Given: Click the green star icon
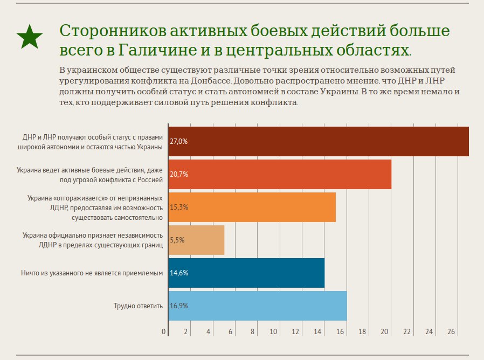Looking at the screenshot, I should [x=30, y=37].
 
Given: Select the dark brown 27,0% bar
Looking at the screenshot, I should [x=318, y=142].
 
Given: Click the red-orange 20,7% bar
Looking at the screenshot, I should [x=279, y=174].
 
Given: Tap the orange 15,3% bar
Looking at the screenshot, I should [x=252, y=207].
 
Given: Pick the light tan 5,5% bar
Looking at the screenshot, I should [x=196, y=240].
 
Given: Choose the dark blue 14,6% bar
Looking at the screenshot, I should [x=246, y=273].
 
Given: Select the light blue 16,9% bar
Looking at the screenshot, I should [x=258, y=306].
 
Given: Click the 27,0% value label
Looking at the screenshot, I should [x=178, y=142].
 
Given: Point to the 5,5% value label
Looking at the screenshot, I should [x=177, y=240].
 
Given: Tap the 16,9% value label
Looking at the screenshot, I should [x=178, y=306].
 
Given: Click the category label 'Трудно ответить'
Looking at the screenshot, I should [x=138, y=306].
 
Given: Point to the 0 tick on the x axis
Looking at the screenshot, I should [x=164, y=331].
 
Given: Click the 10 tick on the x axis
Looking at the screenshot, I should [x=274, y=331].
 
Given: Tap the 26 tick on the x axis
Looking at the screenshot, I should [x=451, y=331].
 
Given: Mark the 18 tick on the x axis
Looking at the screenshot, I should [x=362, y=331].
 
